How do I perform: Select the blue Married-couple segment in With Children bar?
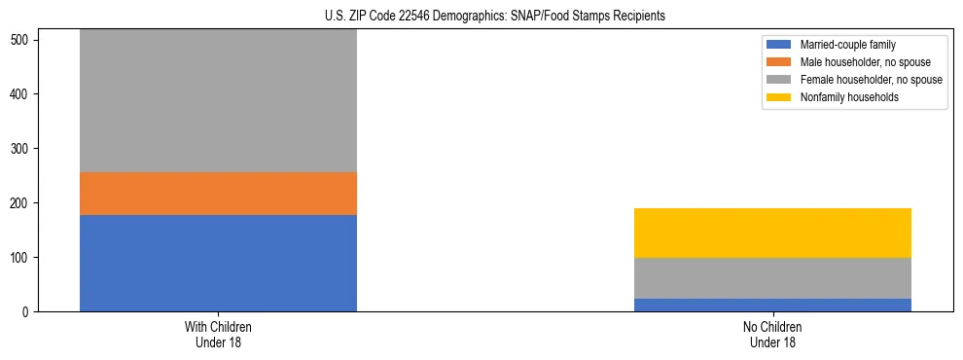(218, 263)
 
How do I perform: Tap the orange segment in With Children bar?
(218, 194)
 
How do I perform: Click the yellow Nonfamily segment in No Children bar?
(772, 233)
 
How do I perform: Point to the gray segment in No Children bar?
(772, 278)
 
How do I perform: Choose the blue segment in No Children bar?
(772, 305)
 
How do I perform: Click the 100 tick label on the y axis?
(21, 258)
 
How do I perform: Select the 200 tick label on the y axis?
(21, 203)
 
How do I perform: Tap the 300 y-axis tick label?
(21, 149)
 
